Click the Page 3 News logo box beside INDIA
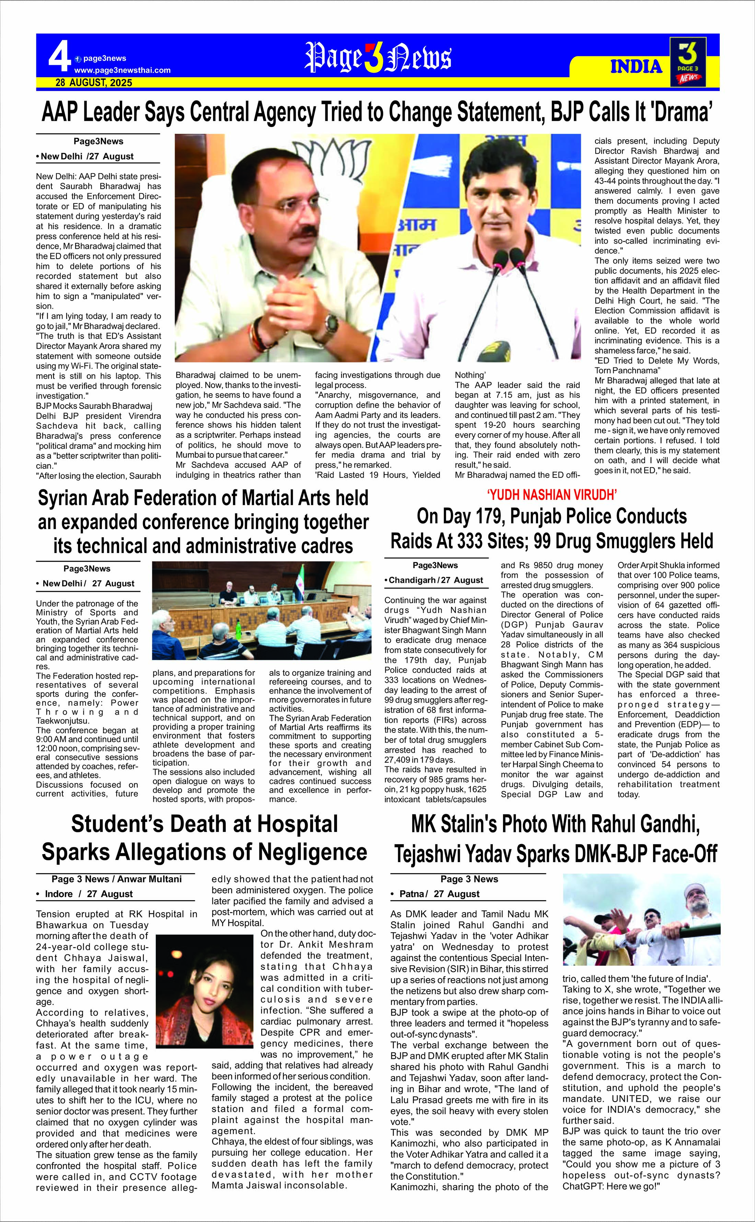[688, 62]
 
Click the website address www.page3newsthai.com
[122, 70]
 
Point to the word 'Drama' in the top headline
[684, 112]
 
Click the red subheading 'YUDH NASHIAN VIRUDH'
[552, 495]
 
